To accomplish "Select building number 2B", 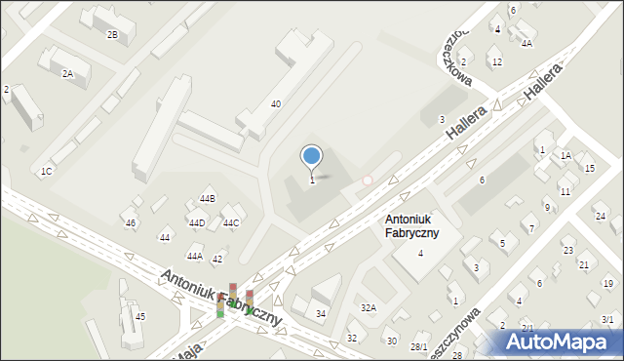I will pos(112,35).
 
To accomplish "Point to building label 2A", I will pos(67,73).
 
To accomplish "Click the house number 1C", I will pos(46,172).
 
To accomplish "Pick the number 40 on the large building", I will pos(276,103).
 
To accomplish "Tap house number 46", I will pos(131,223).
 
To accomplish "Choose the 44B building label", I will pos(207,199).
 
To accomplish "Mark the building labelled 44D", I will pos(196,223).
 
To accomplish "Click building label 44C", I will pos(231,223).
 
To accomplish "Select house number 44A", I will pos(195,256).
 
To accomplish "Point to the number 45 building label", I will pos(140,316).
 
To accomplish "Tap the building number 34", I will pos(320,313).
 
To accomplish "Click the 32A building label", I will pos(369,307).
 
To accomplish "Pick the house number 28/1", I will pos(419,346).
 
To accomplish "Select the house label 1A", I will pos(565,155).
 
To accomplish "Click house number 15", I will pos(589,168).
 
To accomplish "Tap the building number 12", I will pos(496,61).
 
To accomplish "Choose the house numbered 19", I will pos(607,283).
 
